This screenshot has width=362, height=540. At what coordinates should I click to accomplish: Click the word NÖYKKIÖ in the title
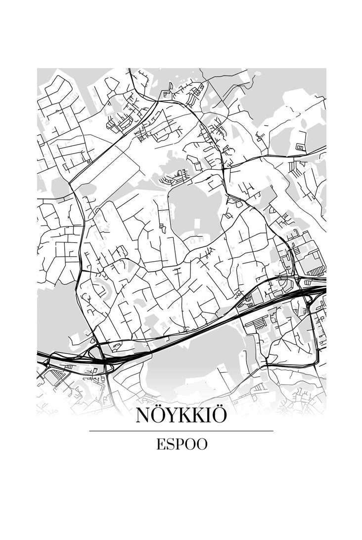click(181, 416)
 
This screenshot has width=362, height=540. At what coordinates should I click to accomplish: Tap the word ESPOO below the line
click(181, 444)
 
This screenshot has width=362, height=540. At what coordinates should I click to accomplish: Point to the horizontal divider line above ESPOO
click(181, 431)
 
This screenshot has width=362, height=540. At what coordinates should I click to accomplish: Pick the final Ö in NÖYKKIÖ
click(219, 416)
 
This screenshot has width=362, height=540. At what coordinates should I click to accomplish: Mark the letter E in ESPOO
click(161, 444)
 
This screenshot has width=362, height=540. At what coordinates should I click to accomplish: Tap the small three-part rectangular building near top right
click(300, 147)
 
